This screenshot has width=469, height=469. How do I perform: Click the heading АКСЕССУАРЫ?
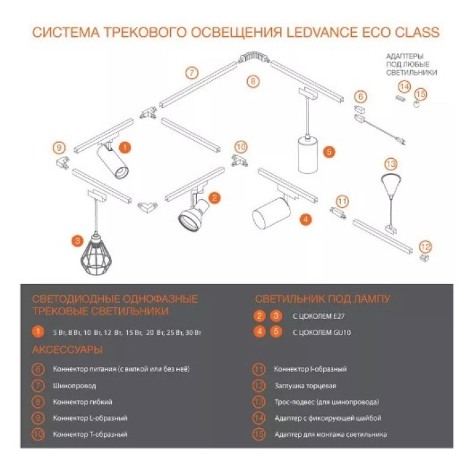point(67,350)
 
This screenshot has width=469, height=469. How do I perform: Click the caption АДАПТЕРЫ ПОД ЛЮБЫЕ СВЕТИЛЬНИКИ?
point(411,64)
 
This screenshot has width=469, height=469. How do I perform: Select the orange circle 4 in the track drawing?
point(305,218)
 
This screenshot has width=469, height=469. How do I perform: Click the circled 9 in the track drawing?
point(59,147)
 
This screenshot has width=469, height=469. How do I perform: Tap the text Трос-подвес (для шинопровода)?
point(326,402)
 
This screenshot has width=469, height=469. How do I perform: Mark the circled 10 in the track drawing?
point(241,146)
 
